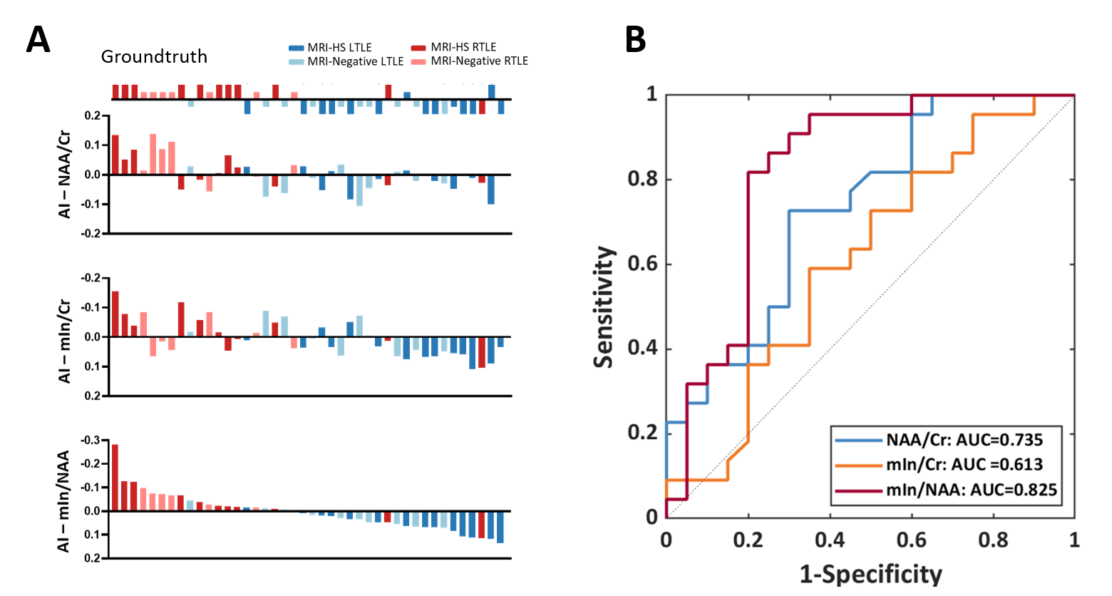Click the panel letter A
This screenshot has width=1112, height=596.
click(x=38, y=40)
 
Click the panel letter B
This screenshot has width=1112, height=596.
click(x=635, y=40)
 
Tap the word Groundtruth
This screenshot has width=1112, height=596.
click(x=154, y=57)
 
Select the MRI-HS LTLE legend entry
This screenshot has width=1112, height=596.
click(x=339, y=48)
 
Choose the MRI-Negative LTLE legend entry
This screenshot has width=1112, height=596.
click(x=355, y=61)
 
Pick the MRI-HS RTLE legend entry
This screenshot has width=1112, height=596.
click(x=463, y=48)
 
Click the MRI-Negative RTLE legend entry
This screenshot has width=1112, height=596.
click(x=479, y=61)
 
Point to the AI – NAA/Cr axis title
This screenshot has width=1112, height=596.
click(x=65, y=174)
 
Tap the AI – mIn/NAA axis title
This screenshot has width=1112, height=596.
click(x=64, y=501)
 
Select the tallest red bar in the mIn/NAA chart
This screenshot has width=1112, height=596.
click(x=115, y=477)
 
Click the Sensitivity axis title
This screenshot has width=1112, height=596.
click(x=604, y=307)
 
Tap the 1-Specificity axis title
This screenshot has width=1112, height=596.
click(x=870, y=574)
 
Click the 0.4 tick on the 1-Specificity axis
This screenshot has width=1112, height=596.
click(x=830, y=540)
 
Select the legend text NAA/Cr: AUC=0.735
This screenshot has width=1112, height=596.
click(x=964, y=439)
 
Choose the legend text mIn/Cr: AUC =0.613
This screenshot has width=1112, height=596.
click(x=964, y=465)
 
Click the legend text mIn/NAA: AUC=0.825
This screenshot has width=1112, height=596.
click(x=972, y=490)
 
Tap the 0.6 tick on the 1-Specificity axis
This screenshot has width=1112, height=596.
click(x=912, y=540)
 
